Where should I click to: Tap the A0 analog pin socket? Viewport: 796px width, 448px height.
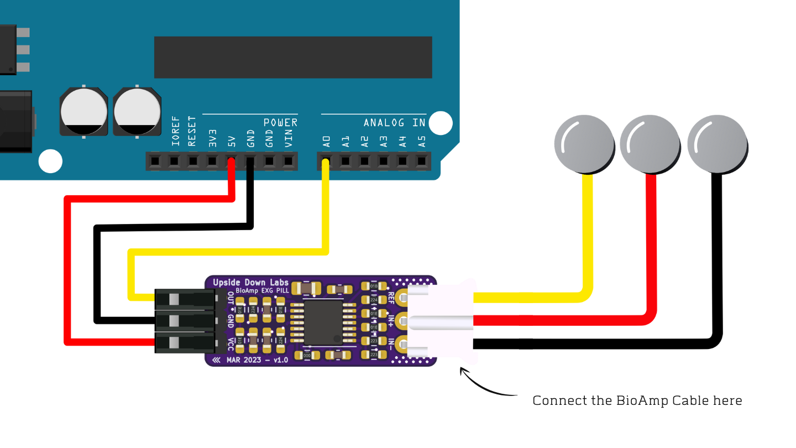326,162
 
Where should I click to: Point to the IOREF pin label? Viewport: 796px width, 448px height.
175,131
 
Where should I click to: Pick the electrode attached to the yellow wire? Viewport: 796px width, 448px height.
584,144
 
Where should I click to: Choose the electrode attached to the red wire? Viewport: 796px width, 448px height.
650,144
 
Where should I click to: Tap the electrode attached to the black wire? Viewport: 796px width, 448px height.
717,144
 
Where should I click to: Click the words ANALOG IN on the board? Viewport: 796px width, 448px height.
394,122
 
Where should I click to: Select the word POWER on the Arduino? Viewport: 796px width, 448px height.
280,122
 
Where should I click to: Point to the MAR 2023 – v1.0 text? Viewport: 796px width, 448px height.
257,360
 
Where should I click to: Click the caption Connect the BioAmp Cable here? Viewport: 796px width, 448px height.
637,400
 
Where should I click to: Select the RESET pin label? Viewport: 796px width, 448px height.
192,131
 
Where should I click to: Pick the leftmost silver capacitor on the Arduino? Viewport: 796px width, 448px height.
84,111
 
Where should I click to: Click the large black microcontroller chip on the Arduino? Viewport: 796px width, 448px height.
292,57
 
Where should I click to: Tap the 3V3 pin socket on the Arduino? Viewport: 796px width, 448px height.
212,162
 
